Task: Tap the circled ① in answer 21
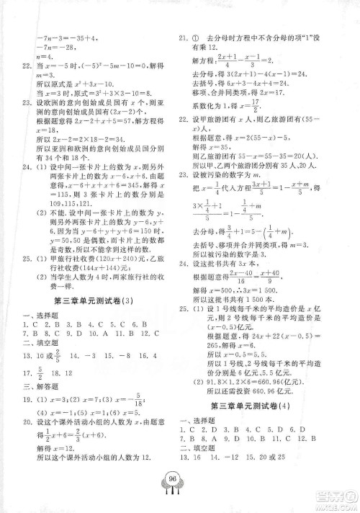pos(194,37)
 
